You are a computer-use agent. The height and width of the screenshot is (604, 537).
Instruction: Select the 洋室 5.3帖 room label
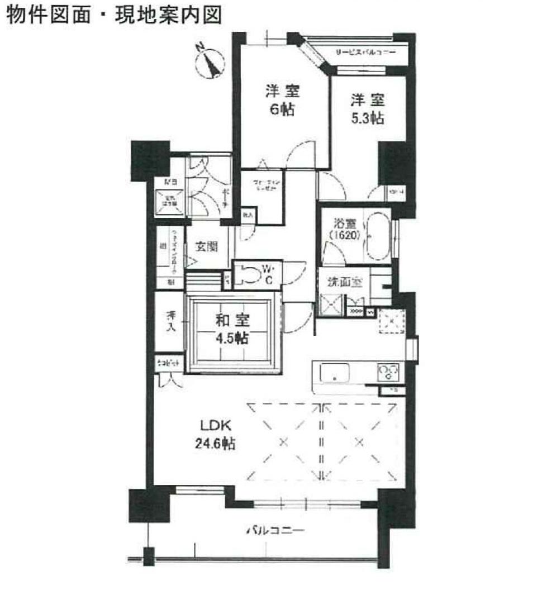(x=368, y=109)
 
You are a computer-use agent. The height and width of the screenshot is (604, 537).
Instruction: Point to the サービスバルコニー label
(x=365, y=53)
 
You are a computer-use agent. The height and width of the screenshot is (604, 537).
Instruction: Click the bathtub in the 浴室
(x=379, y=237)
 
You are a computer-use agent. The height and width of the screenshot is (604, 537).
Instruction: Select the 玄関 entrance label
(x=206, y=246)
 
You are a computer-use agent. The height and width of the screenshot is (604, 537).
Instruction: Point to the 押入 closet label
(x=170, y=322)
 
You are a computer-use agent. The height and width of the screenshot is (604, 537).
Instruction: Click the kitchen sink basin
(x=334, y=373)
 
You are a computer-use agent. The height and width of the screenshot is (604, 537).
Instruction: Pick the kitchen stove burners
(x=389, y=372)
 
